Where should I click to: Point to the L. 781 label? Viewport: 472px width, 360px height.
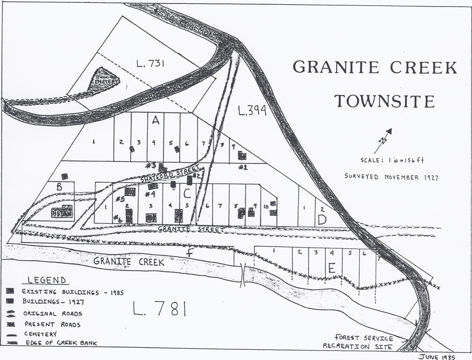click(159, 309)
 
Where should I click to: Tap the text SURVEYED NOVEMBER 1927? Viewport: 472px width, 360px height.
click(391, 177)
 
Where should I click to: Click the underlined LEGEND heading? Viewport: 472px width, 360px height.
click(47, 280)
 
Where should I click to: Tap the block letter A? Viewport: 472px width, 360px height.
click(156, 120)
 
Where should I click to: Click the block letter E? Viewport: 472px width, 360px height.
click(332, 268)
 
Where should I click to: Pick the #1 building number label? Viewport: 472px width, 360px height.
click(243, 167)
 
